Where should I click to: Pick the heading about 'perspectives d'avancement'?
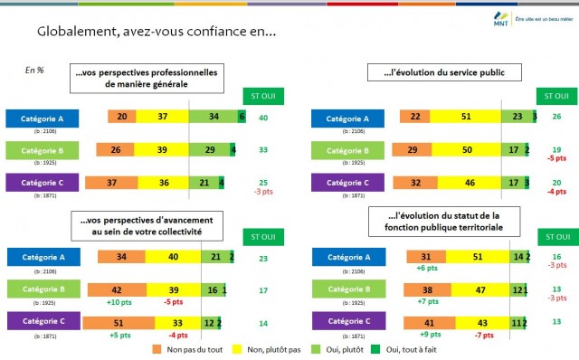146,225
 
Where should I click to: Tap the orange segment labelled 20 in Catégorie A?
121,117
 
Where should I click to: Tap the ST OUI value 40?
262,118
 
